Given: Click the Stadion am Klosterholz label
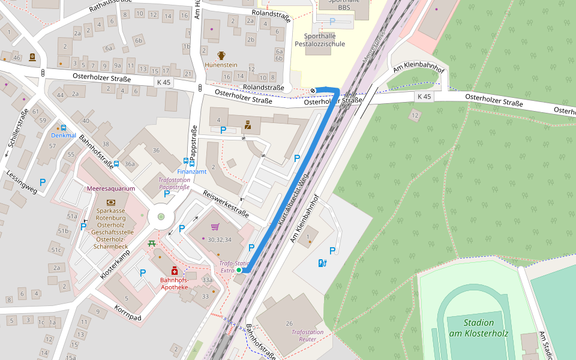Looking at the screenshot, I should coord(478,328).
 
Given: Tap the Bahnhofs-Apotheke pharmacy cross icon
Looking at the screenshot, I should coord(174,271).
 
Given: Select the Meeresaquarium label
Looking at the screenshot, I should coord(111,188).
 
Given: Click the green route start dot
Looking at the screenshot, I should coord(239,271).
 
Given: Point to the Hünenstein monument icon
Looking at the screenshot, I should coord(221,55).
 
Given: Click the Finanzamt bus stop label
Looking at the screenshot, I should coord(192,171).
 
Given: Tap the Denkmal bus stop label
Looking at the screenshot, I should coord(64,135).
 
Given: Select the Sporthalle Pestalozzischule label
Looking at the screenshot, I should coord(320,40).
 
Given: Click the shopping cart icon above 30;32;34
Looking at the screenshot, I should coord(215,227).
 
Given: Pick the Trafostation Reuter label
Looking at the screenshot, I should coord(307,335).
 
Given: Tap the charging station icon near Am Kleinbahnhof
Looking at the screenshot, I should coord(322,262).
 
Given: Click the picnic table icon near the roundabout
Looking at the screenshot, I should coord(152,244).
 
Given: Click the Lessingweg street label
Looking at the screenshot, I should coord(21,182).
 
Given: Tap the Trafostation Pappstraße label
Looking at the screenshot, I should coord(174,183).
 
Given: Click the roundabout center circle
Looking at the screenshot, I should coord(160,217).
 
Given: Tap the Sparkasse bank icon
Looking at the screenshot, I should coord(111,203).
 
